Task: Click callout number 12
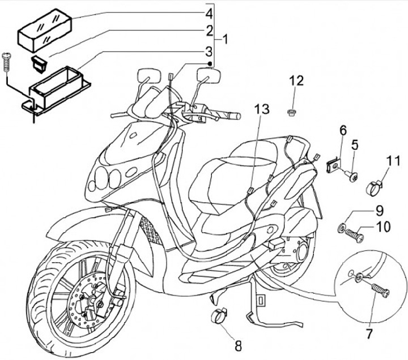296,80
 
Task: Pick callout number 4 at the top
209,12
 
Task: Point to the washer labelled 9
343,228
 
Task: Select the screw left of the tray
7,60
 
